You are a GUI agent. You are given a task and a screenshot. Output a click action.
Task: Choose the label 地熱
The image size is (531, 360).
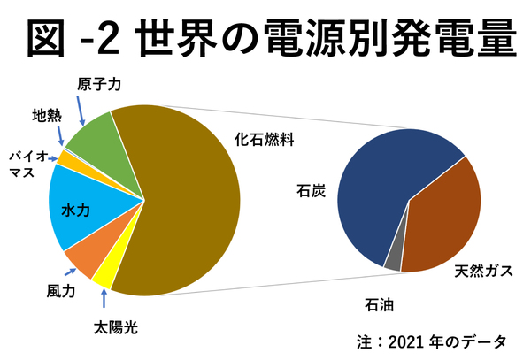[46, 116]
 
